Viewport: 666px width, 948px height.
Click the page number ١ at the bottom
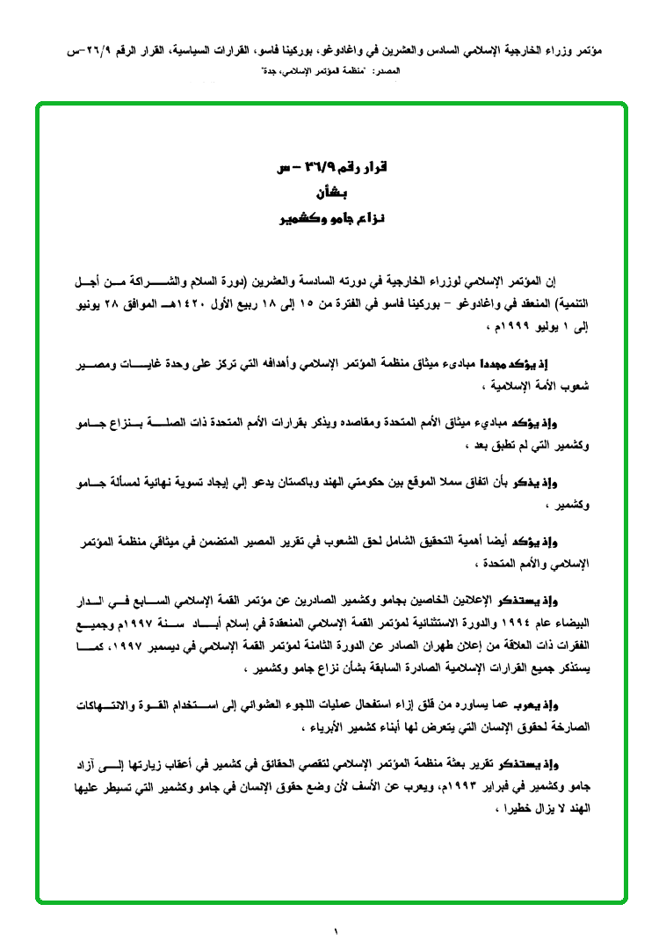335,929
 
